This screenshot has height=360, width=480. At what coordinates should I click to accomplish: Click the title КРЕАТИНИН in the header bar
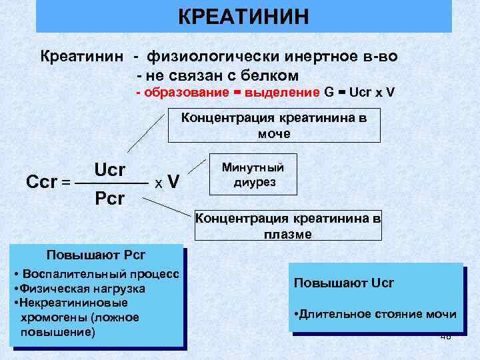point(243,17)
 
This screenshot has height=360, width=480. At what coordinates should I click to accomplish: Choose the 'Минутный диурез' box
point(252,175)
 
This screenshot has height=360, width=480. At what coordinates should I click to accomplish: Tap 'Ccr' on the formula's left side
point(41,181)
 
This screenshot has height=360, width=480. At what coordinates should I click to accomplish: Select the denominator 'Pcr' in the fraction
point(109,199)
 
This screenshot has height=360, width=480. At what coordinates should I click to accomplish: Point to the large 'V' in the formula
point(173,181)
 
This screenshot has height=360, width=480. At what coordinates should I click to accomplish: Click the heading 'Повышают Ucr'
point(343,283)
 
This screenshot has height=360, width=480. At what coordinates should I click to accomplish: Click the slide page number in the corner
point(445,337)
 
